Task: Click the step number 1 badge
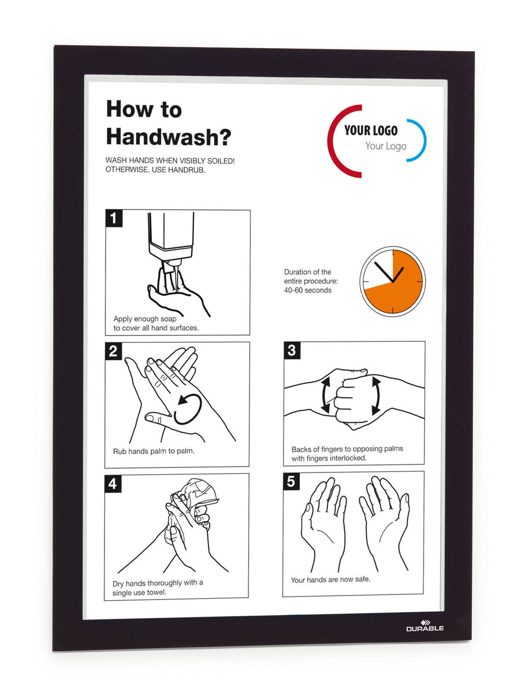(114, 218)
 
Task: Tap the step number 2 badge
(113, 351)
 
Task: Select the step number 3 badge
(292, 350)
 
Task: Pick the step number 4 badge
(113, 483)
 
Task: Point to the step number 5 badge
(291, 481)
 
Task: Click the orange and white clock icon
(392, 281)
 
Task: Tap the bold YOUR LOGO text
(371, 131)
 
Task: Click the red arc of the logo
(334, 140)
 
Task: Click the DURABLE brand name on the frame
(425, 628)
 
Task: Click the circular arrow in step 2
(188, 409)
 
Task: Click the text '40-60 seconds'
(308, 290)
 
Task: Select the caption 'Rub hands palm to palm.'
(154, 451)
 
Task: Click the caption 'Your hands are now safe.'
(330, 580)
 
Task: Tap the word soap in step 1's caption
(168, 319)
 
